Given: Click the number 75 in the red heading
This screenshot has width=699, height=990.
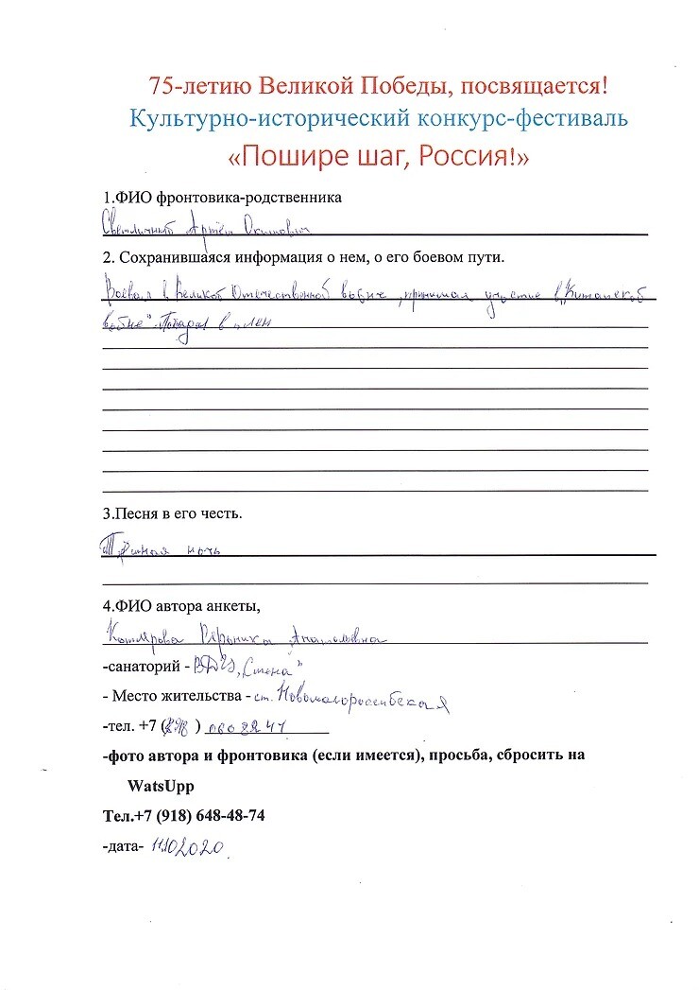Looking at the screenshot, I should (x=161, y=86).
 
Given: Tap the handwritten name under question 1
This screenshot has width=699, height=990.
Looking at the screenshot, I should (x=208, y=228).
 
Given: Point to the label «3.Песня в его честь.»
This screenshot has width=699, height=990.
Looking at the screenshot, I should (x=173, y=514).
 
